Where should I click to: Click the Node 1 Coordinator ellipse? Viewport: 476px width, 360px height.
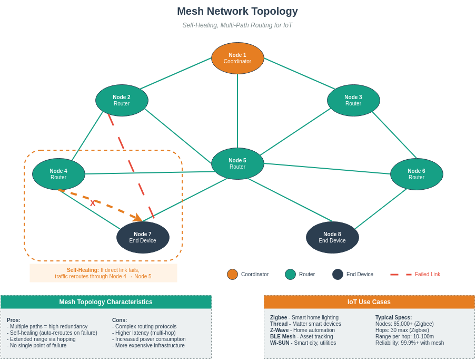point(237,58)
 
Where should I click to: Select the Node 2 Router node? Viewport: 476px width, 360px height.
point(122,100)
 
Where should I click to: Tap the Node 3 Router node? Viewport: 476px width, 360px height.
point(353,100)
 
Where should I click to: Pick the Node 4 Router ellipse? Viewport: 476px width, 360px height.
point(58,174)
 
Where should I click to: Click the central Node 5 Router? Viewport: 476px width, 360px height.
point(237,163)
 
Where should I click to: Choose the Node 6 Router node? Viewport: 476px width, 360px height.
point(417,174)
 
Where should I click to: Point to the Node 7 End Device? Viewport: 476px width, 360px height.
point(143,237)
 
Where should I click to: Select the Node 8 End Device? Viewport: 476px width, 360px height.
point(332,237)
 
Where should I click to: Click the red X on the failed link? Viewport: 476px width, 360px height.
point(93,203)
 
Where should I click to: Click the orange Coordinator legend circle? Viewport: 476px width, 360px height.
point(232,274)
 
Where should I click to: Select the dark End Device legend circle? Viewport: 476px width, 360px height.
point(338,274)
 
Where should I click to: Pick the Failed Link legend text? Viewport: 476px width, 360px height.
point(427,274)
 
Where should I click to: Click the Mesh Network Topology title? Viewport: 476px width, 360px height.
point(237,11)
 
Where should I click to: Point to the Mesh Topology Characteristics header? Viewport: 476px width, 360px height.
point(106,302)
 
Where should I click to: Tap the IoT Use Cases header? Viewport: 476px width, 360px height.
point(369,302)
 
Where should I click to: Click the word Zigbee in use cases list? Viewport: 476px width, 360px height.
point(279,317)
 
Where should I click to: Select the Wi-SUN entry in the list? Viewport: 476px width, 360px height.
point(279,343)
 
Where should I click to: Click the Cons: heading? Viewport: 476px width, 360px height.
point(120,320)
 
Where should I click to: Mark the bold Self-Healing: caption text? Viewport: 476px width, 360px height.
point(83,270)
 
